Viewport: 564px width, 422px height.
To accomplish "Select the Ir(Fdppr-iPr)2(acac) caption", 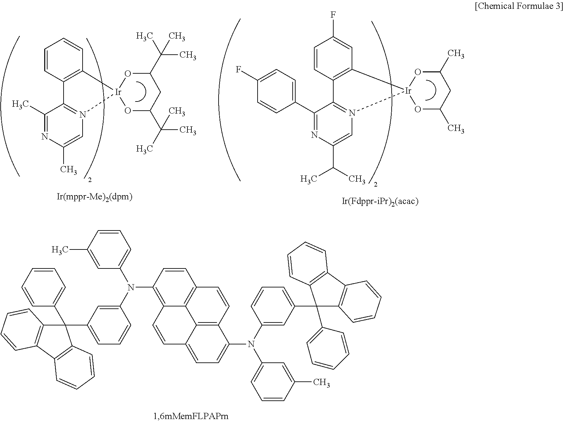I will pyautogui.click(x=380, y=201).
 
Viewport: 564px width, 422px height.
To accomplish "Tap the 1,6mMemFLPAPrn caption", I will pyautogui.click(x=191, y=416).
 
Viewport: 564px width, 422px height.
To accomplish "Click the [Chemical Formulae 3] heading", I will pyautogui.click(x=519, y=7).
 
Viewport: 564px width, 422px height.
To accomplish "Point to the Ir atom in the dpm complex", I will pyautogui.click(x=118, y=92).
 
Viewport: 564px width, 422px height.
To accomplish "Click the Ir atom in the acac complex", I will pyautogui.click(x=408, y=91).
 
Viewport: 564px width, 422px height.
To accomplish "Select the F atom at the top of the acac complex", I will pyautogui.click(x=333, y=15).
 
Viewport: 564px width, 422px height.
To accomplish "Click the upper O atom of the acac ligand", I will pyautogui.click(x=418, y=72).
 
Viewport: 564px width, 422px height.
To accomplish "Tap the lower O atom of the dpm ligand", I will pyautogui.click(x=127, y=111).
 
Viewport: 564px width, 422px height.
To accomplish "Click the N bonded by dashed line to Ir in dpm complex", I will pyautogui.click(x=83, y=114).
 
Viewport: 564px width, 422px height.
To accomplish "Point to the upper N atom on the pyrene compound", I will pyautogui.click(x=131, y=287).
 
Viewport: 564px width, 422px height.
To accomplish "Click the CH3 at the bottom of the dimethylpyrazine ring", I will pyautogui.click(x=68, y=170).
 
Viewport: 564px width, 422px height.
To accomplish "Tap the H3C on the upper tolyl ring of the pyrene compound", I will pyautogui.click(x=60, y=250).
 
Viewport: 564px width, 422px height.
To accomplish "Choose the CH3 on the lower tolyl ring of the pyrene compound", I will pyautogui.click(x=321, y=382).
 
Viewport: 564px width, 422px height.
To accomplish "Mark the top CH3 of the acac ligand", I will pyautogui.click(x=456, y=54).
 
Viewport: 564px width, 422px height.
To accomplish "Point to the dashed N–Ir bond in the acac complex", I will pyautogui.click(x=380, y=102).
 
